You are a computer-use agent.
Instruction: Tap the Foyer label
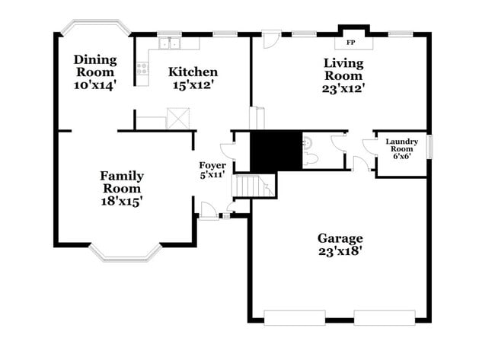pyautogui.click(x=212, y=165)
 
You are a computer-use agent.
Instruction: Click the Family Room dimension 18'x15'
pyautogui.click(x=121, y=201)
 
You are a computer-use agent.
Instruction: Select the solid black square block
pyautogui.click(x=276, y=151)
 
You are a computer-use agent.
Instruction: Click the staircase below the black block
pyautogui.click(x=254, y=186)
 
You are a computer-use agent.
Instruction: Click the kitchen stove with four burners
pyautogui.click(x=142, y=72)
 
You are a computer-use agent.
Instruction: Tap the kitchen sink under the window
pyautogui.click(x=168, y=44)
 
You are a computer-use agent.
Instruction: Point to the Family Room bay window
pyautogui.click(x=125, y=253)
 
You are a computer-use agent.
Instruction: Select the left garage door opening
pyautogui.click(x=294, y=317)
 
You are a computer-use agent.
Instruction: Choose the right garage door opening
pyautogui.click(x=385, y=317)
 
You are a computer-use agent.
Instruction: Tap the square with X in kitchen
pyautogui.click(x=178, y=119)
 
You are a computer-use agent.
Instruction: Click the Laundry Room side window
pyautogui.click(x=429, y=146)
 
